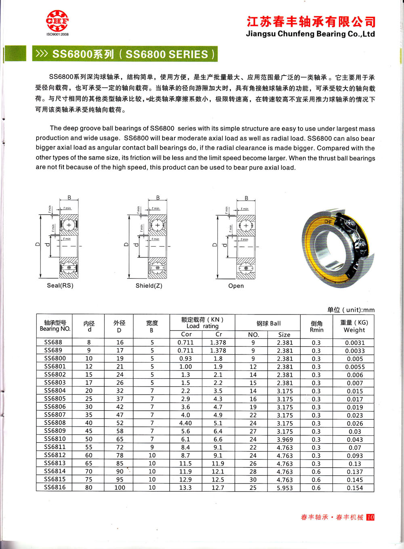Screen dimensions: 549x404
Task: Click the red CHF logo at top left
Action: click(57, 21)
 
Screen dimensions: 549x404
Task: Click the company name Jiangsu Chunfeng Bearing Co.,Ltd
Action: click(310, 34)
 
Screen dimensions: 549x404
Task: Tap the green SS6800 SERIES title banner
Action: click(125, 54)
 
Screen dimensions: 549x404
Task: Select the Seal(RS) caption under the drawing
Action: click(60, 285)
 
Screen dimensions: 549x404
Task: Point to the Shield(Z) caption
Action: click(149, 285)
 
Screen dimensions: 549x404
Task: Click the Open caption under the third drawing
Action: click(236, 286)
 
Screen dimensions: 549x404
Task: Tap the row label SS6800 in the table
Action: click(55, 358)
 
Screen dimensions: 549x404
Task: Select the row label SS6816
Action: click(55, 487)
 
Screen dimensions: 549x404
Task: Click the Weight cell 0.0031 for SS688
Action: click(355, 342)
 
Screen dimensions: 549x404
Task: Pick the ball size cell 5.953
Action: click(285, 488)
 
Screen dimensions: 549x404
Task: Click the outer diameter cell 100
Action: click(120, 488)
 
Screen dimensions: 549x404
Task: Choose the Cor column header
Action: click(186, 334)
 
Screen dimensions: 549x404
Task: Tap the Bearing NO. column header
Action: click(55, 326)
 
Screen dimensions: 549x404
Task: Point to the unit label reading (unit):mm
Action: click(351, 310)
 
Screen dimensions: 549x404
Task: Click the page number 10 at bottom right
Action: click(370, 517)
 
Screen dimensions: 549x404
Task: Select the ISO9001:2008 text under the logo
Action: click(57, 34)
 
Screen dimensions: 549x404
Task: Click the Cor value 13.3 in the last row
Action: click(185, 488)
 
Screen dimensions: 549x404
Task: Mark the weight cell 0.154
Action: click(355, 488)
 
